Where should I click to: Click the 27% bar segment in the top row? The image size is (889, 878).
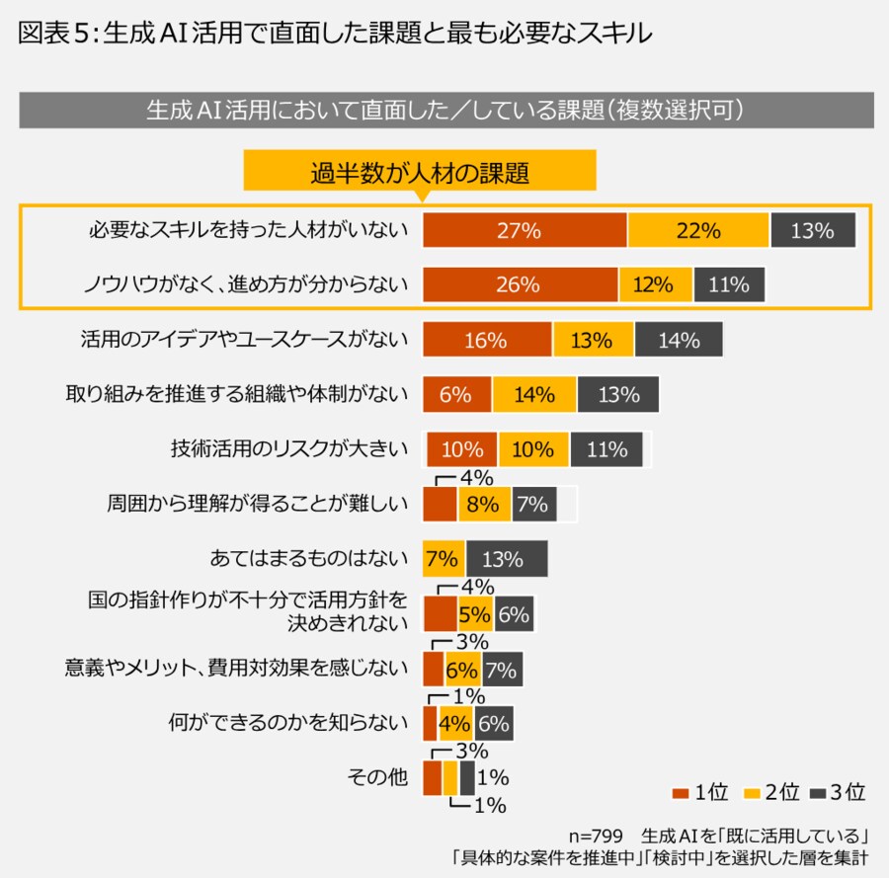525,231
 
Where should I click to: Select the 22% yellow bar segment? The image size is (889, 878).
698,231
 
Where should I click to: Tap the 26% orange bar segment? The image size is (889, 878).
520,285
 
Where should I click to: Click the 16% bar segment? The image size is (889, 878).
487,340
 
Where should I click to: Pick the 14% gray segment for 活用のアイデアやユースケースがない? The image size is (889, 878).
679,340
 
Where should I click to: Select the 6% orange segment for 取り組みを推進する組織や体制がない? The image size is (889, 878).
456,395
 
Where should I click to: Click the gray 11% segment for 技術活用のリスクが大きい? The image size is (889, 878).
606,449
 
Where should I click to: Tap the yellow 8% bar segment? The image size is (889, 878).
484,504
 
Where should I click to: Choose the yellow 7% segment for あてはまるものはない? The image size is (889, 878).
444,559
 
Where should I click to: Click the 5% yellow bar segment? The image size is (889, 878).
474,614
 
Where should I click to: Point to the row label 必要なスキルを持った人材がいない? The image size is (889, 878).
247,231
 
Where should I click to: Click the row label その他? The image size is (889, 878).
377,777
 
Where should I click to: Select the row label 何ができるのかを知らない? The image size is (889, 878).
287,723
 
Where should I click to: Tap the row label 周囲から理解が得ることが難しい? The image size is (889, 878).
258,504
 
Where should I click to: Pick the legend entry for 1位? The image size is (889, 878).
701,792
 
